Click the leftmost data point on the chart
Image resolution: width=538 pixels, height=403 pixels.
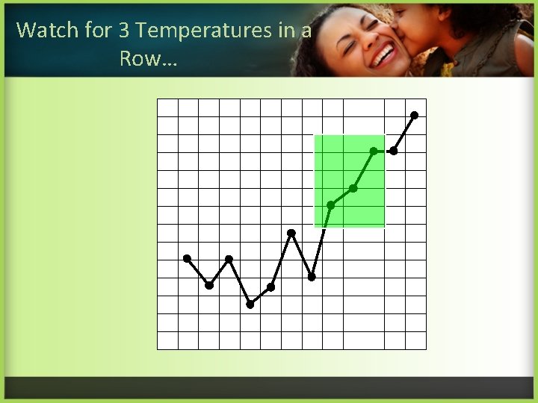[x=187, y=258]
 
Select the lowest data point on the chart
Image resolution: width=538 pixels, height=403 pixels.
[x=250, y=304]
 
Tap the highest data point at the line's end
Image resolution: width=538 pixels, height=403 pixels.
[x=415, y=115]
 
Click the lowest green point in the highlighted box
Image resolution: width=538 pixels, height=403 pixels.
[x=330, y=204]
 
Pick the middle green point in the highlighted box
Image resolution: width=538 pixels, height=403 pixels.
[x=353, y=188]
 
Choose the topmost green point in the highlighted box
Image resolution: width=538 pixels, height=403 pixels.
[x=374, y=151]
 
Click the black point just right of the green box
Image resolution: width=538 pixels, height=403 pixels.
[x=394, y=151]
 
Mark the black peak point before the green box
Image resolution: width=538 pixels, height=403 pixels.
[x=291, y=233]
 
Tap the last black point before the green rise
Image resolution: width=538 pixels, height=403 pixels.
[x=312, y=277]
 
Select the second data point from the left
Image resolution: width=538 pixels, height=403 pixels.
[x=209, y=285]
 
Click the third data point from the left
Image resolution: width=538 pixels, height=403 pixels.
[x=229, y=259]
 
